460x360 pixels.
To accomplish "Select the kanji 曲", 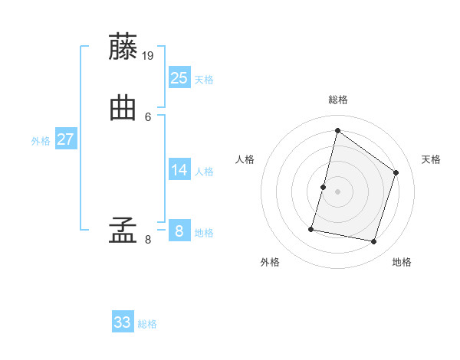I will pos(124,109).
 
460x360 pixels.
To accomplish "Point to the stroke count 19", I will pos(149,55).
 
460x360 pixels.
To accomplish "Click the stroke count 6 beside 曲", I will pos(148,116).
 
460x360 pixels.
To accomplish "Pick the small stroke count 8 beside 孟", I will pos(148,240).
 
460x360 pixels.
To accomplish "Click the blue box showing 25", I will pos(179,77).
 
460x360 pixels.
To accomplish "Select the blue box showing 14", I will pos(179,169).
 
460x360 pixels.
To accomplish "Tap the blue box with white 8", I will pos(179,231).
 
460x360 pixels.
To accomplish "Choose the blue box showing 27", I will pos(66,139).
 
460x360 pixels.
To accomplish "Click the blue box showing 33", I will pos(123,322).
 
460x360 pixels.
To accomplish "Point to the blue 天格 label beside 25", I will pos(204,80).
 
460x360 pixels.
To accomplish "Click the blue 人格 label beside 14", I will pos(204,172).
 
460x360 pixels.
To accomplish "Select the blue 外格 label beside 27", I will pos(41,141).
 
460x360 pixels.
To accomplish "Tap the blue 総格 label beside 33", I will pos(147,325).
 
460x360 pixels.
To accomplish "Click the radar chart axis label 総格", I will pos(337,100).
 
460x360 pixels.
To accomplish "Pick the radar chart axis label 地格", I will pos(402,262).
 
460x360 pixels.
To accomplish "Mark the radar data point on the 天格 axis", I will pos(396,172).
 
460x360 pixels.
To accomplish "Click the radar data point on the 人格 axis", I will pos(324,187).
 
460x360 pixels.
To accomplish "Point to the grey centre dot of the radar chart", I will pos(337,191).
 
